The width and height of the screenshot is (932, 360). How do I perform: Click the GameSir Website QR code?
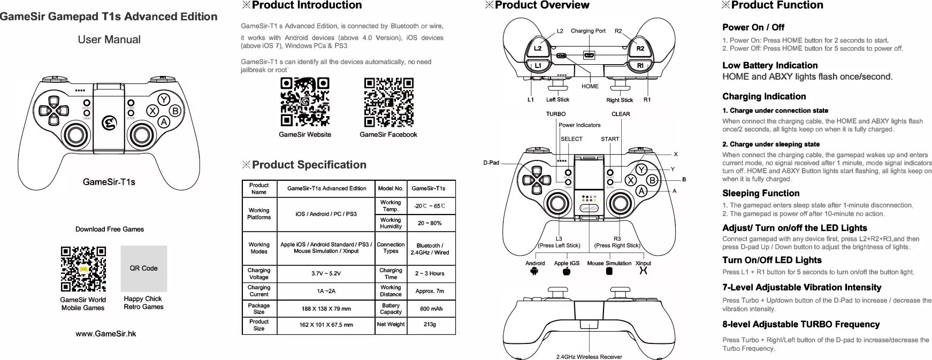[x=304, y=102]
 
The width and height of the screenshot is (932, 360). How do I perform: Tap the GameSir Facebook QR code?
[x=388, y=102]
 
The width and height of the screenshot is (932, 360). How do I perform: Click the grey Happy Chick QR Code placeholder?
[x=143, y=269]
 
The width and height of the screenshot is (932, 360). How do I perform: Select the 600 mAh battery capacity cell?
[x=431, y=309]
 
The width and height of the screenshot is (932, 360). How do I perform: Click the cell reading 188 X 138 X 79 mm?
[x=326, y=309]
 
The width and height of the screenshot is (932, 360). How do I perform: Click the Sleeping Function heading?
[x=760, y=193]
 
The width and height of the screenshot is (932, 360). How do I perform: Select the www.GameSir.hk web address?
[x=106, y=334]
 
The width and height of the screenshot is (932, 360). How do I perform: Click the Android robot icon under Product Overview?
[x=533, y=271]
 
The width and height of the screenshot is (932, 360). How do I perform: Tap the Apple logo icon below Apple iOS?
[x=567, y=271]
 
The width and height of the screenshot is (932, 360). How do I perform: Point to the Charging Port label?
[x=588, y=31]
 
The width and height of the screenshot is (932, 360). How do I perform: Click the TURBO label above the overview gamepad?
[x=555, y=114]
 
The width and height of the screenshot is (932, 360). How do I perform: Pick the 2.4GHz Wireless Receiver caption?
[x=589, y=357]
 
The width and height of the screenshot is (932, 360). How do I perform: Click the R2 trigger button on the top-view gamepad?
[x=640, y=49]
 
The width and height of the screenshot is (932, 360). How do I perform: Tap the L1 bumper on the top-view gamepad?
[x=538, y=66]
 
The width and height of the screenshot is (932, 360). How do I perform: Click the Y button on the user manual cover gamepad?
[x=163, y=100]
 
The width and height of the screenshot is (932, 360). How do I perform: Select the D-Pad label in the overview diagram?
[x=491, y=163]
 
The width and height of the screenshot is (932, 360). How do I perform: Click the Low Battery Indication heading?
[x=769, y=65]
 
